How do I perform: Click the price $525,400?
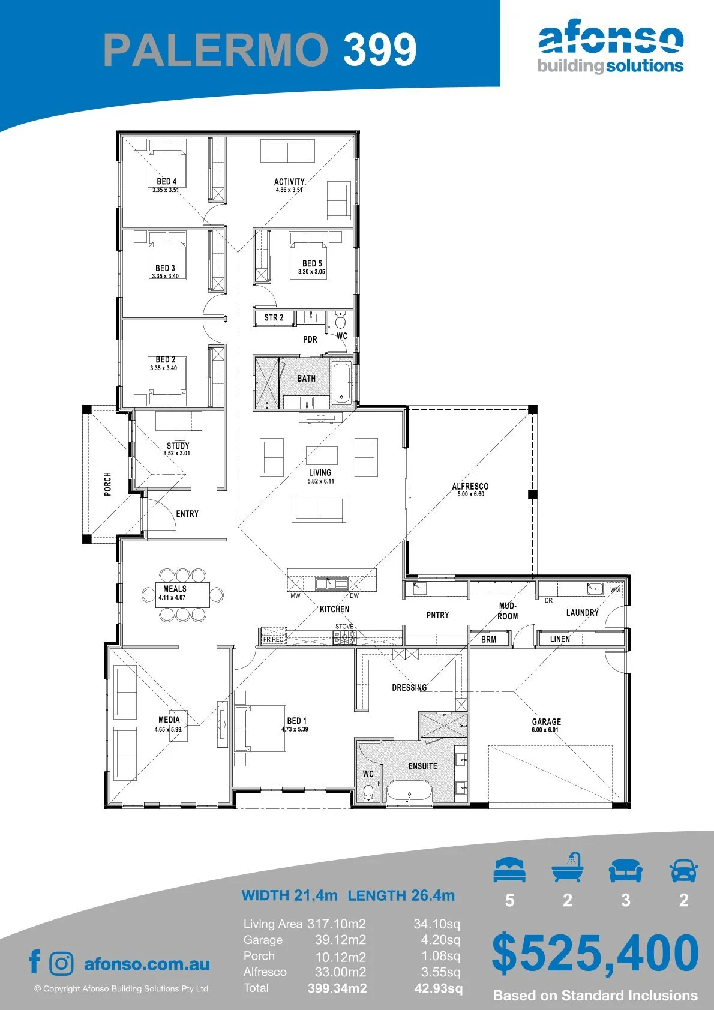(595, 953)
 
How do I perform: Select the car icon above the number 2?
(684, 871)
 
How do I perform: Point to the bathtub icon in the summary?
(568, 867)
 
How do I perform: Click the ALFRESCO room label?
(470, 486)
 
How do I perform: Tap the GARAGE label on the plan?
(547, 721)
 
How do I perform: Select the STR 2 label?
(274, 317)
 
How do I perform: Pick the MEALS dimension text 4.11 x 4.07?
(172, 598)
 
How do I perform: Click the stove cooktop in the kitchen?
(344, 637)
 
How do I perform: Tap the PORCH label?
(107, 484)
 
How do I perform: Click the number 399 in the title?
(380, 49)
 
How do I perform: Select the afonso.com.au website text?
(147, 964)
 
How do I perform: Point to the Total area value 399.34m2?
(337, 989)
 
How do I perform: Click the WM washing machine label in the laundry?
(615, 589)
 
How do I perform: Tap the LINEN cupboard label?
(560, 639)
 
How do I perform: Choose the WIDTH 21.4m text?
(289, 895)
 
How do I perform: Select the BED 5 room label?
(312, 263)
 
